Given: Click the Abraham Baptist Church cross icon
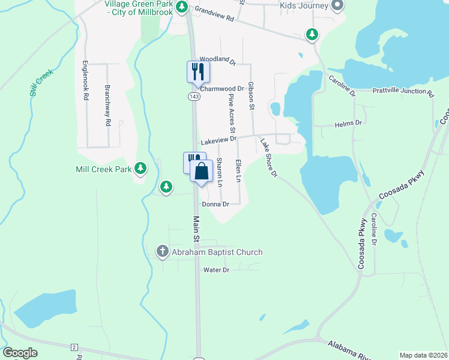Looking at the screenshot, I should pos(162,252).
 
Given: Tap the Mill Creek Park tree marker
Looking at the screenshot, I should pos(140,169).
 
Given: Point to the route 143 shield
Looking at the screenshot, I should pos(194,96).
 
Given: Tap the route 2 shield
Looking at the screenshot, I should pos(74,347).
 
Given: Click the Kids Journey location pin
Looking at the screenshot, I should pos(337,6).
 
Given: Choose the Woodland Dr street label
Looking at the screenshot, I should pos(218,59).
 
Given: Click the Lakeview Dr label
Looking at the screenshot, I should pos(218,140).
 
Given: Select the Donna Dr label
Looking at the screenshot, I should pos(216,204).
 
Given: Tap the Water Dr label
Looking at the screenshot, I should pos(217,270).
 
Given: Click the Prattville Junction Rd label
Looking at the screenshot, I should pos(403,92).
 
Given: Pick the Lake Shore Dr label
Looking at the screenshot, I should pos(268,158).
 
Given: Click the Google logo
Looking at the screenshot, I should pos(20,353).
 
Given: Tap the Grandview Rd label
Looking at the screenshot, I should pos(214,14).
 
